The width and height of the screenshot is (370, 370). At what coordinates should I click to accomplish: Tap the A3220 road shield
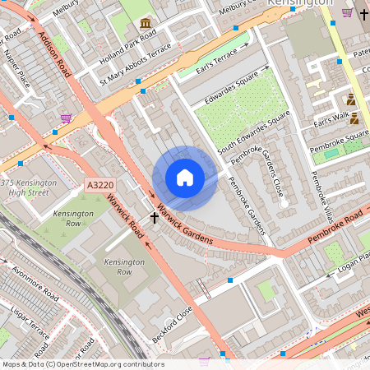[99, 186]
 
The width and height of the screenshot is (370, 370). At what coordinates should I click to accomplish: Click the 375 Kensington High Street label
[29, 187]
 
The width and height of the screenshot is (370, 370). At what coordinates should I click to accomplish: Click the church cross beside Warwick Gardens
[153, 217]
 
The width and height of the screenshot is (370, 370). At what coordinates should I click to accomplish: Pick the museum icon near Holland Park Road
[146, 22]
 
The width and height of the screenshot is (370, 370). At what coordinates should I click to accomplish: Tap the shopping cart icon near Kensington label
[347, 12]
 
